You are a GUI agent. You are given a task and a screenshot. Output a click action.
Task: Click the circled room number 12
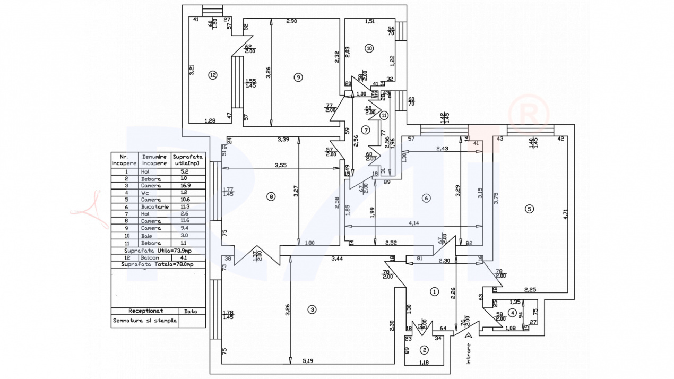click(213, 75)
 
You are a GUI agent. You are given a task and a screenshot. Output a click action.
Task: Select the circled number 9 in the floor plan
click(298, 77)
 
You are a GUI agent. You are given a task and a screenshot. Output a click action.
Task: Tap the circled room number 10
click(369, 48)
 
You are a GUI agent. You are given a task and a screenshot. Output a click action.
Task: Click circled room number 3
click(313, 309)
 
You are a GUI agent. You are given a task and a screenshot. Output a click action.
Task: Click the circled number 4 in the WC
click(512, 312)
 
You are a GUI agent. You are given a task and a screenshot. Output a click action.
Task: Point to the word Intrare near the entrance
click(468, 353)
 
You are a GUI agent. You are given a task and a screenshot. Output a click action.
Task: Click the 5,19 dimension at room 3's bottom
click(308, 361)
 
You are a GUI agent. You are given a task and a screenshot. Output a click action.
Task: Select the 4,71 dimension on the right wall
click(566, 214)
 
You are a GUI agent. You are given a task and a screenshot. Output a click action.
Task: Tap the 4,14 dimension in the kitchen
click(415, 223)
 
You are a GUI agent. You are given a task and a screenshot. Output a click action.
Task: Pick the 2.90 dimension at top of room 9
click(291, 21)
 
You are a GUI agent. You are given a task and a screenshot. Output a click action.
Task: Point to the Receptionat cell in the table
click(145, 311)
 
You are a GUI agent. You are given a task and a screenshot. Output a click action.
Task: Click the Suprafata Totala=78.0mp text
click(158, 264)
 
